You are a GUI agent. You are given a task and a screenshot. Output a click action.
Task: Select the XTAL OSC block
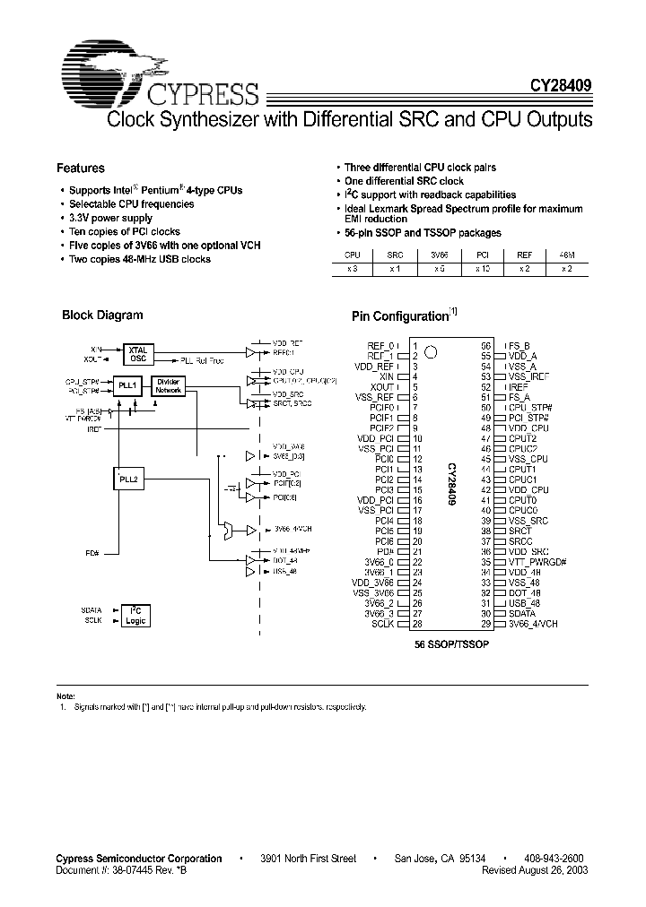[x=137, y=353]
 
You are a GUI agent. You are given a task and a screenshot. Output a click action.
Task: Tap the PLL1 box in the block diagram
[x=128, y=386]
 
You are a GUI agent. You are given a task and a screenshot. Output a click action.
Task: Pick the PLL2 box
[x=128, y=480]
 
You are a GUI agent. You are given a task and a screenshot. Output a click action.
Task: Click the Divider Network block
[x=168, y=386]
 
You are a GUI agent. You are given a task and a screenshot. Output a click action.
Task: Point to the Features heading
[x=81, y=168]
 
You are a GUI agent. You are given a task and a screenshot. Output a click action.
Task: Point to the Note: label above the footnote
[x=66, y=696]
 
